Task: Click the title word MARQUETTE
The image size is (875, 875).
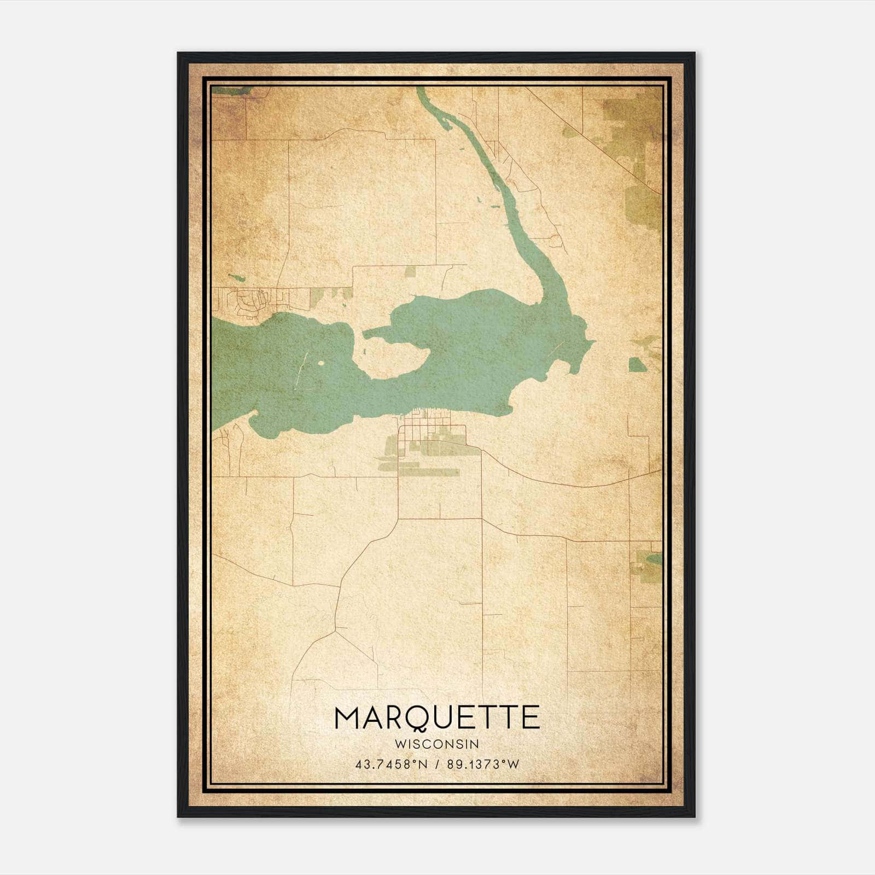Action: tap(436, 718)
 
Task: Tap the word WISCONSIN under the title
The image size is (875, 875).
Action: tap(436, 744)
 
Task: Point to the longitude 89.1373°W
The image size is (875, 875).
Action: tap(483, 765)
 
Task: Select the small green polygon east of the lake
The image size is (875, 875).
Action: tap(635, 365)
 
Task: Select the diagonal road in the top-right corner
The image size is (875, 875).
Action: tap(596, 137)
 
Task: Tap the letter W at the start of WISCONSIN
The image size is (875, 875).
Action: tap(399, 744)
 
